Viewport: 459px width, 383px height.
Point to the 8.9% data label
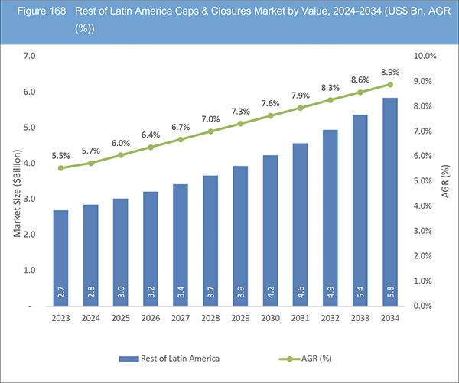[389, 70]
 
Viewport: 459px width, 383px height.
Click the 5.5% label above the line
[60, 155]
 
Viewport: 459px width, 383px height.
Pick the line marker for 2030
[270, 116]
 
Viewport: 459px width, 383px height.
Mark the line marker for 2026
[150, 147]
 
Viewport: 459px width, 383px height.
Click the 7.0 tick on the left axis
[31, 57]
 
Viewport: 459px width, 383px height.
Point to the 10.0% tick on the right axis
[425, 57]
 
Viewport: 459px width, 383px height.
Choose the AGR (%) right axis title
[446, 181]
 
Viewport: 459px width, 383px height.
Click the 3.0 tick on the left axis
[31, 199]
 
